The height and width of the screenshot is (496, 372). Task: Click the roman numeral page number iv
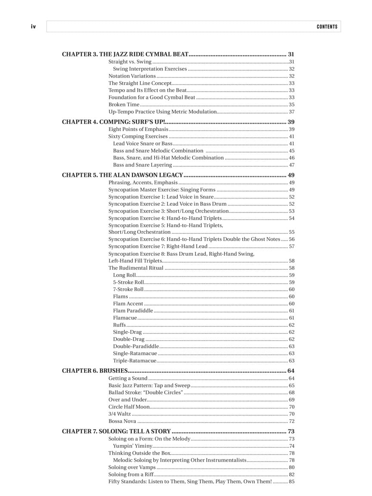[33, 27]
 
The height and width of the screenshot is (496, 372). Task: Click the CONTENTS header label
[327, 27]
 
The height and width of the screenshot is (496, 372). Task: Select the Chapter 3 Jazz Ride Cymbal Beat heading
[125, 54]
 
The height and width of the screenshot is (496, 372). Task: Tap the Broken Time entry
[124, 105]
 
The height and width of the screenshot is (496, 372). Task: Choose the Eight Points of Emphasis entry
[138, 129]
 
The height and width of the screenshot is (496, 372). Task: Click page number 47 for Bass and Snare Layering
[291, 165]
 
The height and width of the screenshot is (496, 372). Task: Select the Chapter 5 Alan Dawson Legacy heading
[123, 175]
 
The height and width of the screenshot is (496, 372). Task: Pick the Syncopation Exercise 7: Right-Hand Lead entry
[158, 246]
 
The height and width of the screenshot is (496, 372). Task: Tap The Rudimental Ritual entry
[136, 268]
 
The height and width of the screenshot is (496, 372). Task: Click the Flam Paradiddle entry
[133, 310]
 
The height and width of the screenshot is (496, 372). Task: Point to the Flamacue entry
[125, 318]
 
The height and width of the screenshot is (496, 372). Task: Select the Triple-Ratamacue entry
[135, 361]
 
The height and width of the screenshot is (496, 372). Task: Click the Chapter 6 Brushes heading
[95, 371]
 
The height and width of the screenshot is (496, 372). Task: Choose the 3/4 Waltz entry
[120, 414]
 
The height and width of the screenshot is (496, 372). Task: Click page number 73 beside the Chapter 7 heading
[291, 431]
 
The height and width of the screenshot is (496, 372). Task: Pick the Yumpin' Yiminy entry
[133, 446]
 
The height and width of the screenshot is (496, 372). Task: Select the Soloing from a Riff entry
[131, 474]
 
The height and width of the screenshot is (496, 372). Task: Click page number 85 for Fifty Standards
[291, 481]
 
